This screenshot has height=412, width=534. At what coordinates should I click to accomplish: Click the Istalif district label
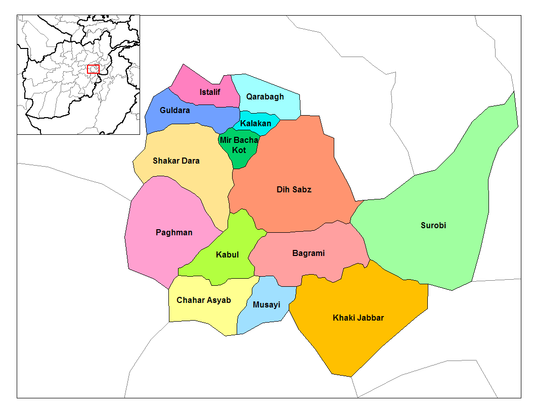(x=210, y=92)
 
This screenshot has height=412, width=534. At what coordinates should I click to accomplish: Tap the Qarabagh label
(x=265, y=96)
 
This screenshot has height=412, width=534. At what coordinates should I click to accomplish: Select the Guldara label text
(x=174, y=110)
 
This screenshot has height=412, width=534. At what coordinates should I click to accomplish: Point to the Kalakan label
(x=255, y=123)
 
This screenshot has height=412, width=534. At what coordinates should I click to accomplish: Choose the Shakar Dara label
(x=176, y=161)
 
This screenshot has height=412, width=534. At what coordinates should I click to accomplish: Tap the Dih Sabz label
(x=294, y=190)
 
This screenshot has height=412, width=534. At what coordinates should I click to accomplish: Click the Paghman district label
(x=174, y=232)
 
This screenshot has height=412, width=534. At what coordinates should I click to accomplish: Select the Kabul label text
(x=227, y=254)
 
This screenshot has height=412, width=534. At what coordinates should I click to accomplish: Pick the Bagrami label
(x=308, y=253)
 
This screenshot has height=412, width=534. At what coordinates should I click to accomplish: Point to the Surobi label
(x=433, y=225)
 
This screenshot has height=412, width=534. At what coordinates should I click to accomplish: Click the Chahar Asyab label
(x=204, y=300)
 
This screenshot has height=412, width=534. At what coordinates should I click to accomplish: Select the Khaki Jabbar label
(x=358, y=318)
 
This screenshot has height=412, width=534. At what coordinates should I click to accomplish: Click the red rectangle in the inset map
(x=93, y=69)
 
